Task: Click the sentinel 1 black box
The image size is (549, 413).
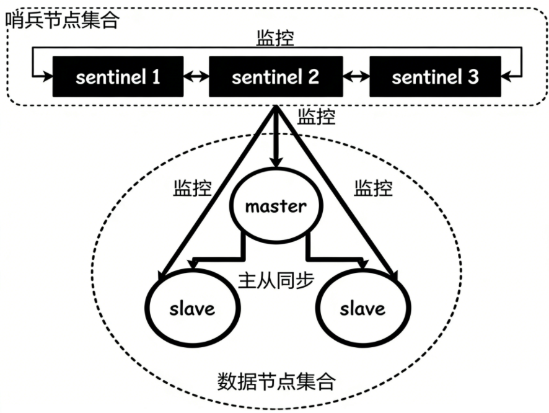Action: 118,77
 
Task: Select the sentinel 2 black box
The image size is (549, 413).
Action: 275,77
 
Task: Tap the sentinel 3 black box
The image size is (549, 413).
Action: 435,77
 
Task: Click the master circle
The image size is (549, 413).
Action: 276,206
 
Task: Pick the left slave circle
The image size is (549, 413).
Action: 191,308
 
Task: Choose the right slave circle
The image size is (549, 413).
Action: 362,308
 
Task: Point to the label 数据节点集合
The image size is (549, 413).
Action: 276,380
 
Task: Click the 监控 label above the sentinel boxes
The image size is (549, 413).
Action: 275,38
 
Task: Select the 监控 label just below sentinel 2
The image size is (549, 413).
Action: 317,117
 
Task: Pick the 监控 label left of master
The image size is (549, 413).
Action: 191,188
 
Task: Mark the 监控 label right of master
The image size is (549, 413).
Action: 373,188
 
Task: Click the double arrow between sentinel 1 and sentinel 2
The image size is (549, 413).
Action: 196,77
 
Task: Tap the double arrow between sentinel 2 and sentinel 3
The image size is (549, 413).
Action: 356,77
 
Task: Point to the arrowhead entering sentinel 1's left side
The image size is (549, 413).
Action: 47,76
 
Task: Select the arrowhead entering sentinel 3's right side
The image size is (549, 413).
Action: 506,76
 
